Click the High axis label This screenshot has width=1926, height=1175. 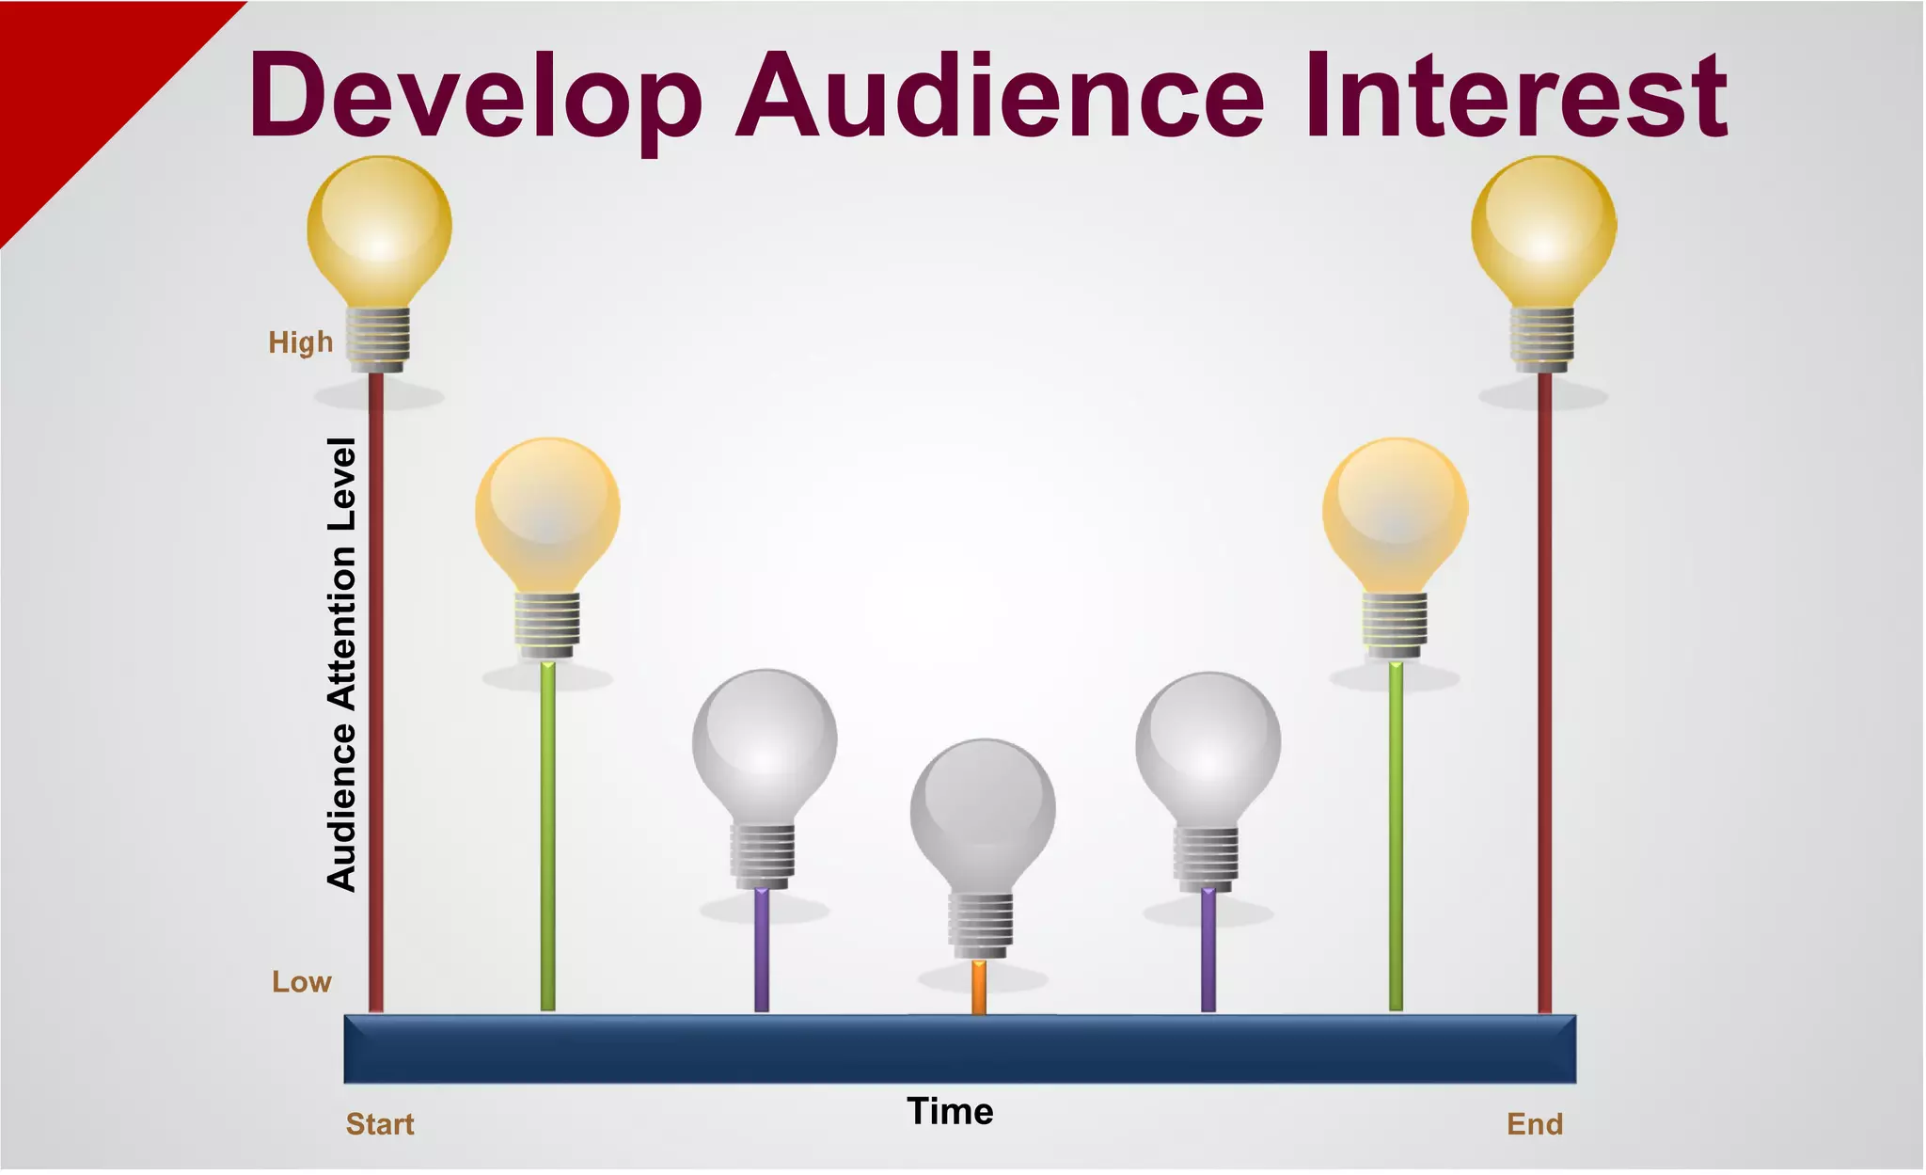301,341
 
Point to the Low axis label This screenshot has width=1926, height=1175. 302,982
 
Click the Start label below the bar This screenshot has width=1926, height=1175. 380,1124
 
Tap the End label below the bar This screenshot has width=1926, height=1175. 1535,1124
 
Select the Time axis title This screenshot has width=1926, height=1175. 950,1112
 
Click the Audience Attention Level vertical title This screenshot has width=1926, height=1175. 342,663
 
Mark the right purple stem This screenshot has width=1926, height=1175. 1208,950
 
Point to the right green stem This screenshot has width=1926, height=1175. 1396,837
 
